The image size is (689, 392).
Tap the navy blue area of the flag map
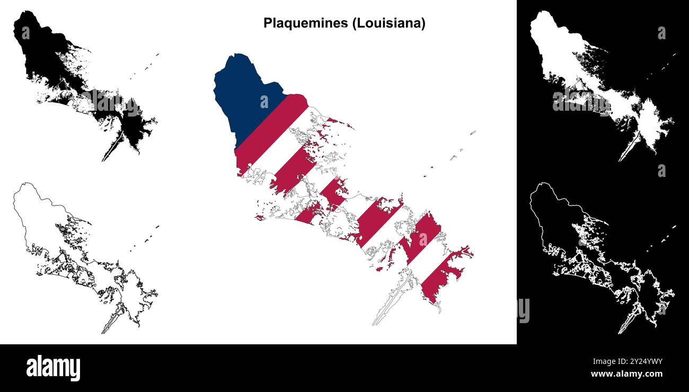coord(244,95)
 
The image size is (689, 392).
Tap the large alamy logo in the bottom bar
coord(53,368)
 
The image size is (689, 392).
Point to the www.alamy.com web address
coord(626,375)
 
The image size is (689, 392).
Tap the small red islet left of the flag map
coord(260,217)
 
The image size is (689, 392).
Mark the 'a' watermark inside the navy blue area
coord(263,101)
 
